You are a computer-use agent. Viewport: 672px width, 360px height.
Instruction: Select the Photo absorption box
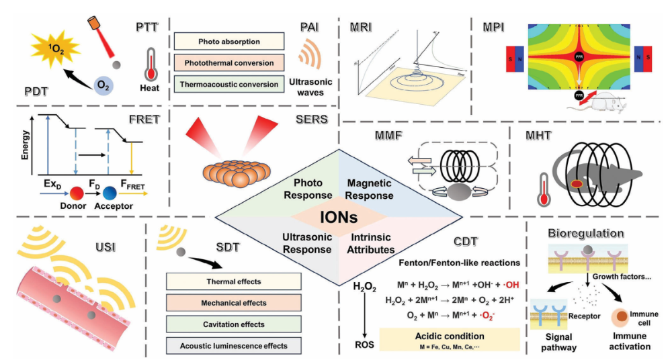point(230,41)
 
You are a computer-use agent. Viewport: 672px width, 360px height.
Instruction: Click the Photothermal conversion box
point(230,63)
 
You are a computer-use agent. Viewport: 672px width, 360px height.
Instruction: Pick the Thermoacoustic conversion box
point(230,85)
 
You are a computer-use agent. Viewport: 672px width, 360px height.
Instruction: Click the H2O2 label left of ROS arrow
point(366,287)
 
